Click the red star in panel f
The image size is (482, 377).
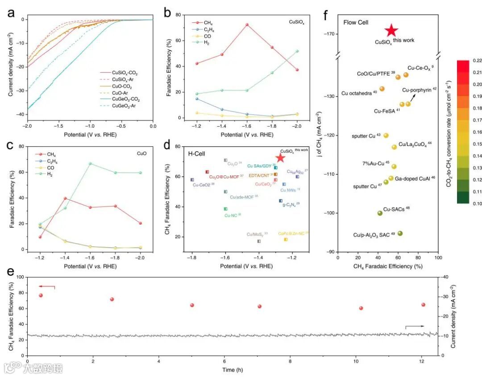(x=391, y=30)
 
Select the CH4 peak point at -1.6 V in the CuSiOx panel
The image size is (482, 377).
(x=247, y=25)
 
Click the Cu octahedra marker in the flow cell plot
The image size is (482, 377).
(x=382, y=89)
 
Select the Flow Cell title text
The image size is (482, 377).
(x=356, y=22)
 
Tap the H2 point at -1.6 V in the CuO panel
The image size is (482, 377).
(x=90, y=163)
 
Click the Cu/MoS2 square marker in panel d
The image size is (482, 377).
(x=259, y=241)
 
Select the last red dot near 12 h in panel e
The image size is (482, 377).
(x=423, y=305)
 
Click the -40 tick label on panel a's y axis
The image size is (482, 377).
(x=20, y=115)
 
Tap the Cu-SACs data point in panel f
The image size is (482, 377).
(x=380, y=213)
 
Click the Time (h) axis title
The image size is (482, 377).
(x=233, y=370)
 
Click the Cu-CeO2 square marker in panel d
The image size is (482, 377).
(x=192, y=180)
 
